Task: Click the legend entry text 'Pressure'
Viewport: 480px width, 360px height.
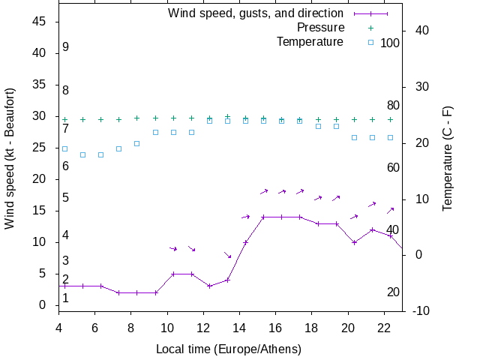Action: pos(320,28)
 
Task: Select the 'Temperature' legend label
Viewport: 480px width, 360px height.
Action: pos(310,41)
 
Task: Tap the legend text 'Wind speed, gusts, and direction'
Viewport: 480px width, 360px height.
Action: pos(256,13)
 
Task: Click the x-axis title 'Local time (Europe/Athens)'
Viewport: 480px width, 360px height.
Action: pos(229,349)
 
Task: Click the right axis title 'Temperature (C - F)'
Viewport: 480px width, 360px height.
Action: pos(448,158)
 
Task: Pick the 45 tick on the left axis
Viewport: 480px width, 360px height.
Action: pos(41,22)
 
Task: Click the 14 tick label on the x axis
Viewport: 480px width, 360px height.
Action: pos(239,327)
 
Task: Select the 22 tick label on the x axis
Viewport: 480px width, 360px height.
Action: pos(384,327)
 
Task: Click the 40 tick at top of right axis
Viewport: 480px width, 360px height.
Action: pos(421,31)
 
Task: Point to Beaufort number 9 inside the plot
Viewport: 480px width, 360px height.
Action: pos(66,47)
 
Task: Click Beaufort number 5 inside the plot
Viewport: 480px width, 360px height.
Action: pos(66,198)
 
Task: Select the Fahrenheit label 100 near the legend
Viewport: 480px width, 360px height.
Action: pos(390,43)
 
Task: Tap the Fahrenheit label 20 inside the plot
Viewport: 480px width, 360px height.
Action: pos(393,292)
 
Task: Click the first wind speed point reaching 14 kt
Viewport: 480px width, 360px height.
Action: pos(263,217)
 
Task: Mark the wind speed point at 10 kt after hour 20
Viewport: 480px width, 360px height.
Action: pos(354,242)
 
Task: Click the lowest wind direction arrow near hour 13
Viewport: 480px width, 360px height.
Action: pos(227,255)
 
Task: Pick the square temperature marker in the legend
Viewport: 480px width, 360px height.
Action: pos(370,42)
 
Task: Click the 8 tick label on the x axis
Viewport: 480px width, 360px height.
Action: pos(130,327)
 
